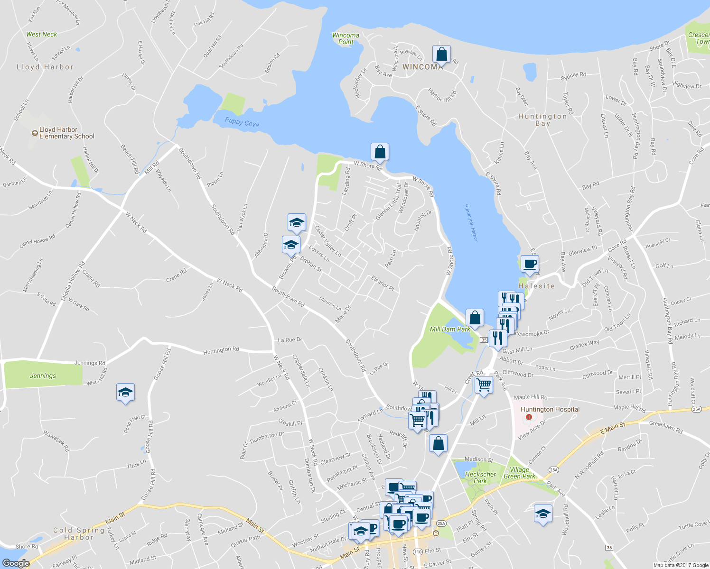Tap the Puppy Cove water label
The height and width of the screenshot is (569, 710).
[242, 122]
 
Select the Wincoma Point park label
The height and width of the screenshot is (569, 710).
[346, 38]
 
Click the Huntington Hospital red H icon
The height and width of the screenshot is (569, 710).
[528, 418]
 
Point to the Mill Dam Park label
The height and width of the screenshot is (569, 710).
[449, 329]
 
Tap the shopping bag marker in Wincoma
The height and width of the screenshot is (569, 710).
[441, 55]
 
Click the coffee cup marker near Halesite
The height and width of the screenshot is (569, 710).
[530, 264]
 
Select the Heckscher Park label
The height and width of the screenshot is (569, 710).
[480, 477]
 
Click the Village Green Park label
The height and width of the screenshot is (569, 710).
[519, 473]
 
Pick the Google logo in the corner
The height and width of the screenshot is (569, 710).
[16, 563]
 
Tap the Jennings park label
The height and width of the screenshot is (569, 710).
[43, 376]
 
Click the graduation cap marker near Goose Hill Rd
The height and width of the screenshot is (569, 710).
[125, 393]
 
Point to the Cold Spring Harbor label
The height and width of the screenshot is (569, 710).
[79, 534]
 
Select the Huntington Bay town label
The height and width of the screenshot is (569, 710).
[542, 119]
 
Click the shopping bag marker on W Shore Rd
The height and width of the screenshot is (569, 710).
[380, 152]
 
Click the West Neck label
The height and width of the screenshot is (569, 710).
[41, 34]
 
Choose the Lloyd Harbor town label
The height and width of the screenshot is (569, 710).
[45, 67]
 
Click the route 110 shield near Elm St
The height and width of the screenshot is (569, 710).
[418, 552]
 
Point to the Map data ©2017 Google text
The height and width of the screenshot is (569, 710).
[681, 565]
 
